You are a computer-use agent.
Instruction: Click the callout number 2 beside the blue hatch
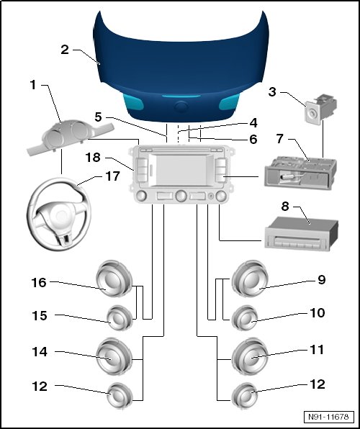[x=65, y=50]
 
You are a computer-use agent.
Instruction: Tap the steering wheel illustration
[x=58, y=214]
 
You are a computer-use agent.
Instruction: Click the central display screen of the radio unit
[x=181, y=170]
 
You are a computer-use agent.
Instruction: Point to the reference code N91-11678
[x=328, y=417]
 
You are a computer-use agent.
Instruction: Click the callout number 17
[x=112, y=176]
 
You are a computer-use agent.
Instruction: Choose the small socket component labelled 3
[x=320, y=109]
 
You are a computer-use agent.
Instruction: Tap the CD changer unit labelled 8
[x=302, y=232]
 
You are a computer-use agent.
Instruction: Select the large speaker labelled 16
[x=114, y=279]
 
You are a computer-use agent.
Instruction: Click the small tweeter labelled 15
[x=119, y=317]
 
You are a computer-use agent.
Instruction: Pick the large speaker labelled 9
[x=250, y=279]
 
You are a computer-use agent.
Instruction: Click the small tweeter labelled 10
[x=245, y=317]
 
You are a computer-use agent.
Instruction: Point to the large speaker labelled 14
[x=114, y=356]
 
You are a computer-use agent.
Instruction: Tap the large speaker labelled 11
[x=250, y=356]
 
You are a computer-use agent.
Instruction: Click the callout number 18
[x=93, y=158]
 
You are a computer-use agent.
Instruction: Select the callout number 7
[x=279, y=139]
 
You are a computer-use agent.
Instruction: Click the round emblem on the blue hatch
[x=181, y=106]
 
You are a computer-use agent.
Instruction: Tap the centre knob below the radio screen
[x=181, y=196]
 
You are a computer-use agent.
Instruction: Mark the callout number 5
[x=98, y=117]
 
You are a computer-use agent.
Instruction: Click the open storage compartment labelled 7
[x=300, y=173]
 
